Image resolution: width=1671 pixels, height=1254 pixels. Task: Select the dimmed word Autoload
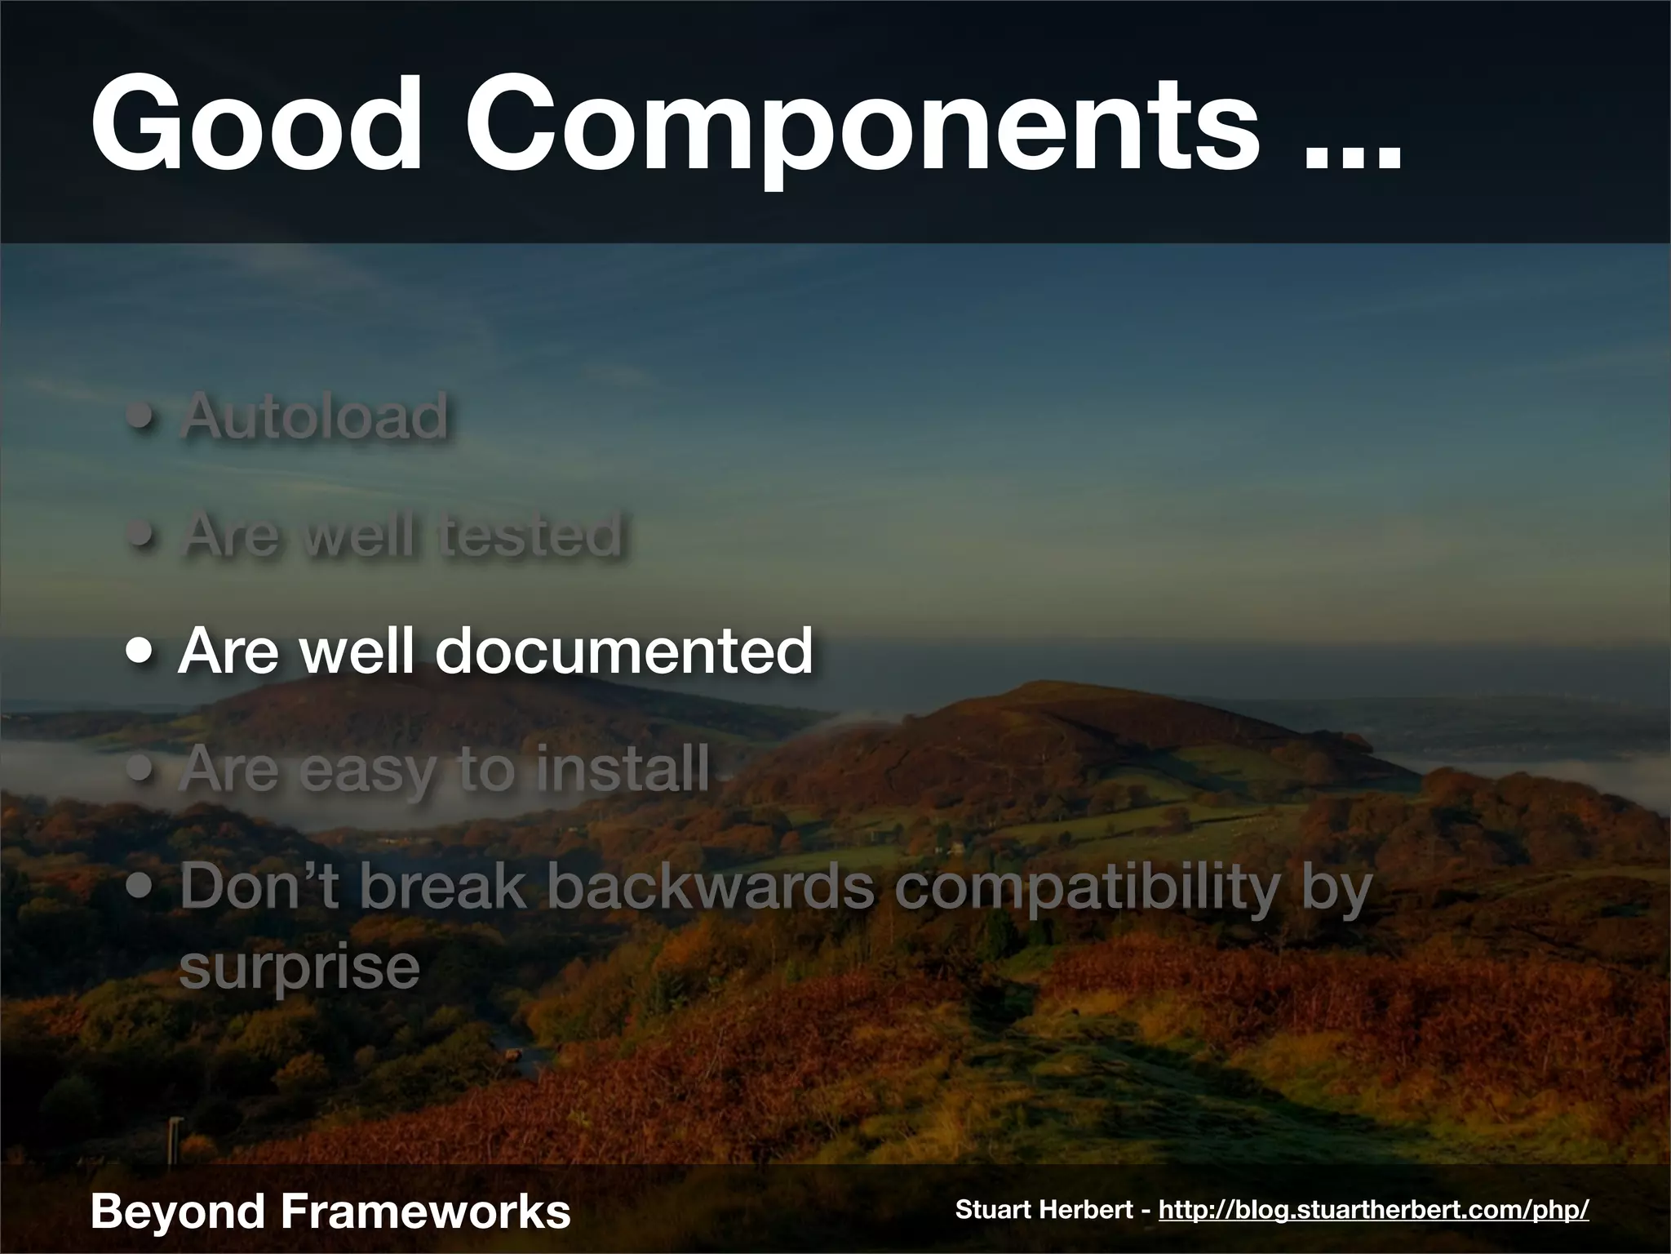click(315, 416)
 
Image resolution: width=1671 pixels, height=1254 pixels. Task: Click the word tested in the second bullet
click(531, 535)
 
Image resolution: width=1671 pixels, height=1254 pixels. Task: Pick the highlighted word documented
click(624, 652)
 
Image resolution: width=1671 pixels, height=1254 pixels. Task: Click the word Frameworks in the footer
click(425, 1211)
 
